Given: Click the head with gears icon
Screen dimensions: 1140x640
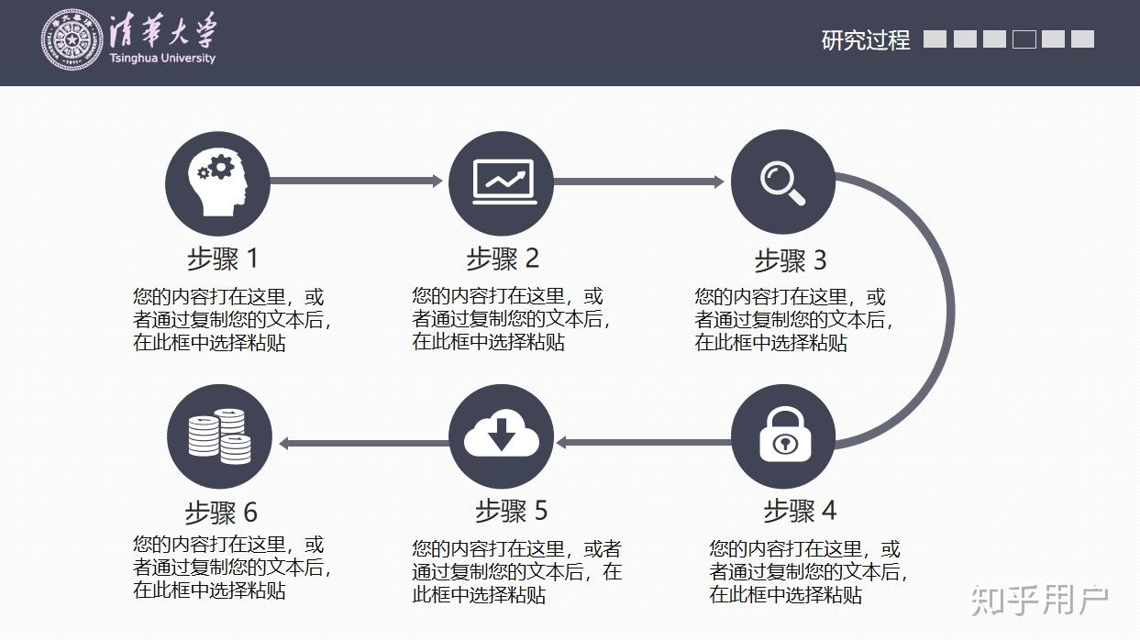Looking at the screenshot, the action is coord(217,182).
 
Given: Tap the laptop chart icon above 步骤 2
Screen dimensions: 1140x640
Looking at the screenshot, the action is coord(501,182).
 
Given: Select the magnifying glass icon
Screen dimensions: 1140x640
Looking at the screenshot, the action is coord(782,182).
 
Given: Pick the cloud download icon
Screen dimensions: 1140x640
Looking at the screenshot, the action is coord(501,436).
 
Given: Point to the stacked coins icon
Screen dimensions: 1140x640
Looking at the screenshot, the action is coord(220,436).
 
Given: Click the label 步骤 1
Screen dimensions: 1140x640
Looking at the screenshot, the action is coord(223,259).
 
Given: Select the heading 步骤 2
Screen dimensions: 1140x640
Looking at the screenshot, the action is coord(502,259).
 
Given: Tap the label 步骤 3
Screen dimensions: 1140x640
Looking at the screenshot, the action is coord(790,261).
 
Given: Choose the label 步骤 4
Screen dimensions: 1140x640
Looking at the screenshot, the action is coord(800,511).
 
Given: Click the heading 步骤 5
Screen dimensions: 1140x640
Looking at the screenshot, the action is coord(511,511).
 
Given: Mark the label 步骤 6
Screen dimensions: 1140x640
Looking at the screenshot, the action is coord(221,512).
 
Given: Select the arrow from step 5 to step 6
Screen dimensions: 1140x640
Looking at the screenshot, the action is coord(362,443).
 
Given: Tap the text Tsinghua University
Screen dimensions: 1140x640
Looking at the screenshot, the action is coord(161,59).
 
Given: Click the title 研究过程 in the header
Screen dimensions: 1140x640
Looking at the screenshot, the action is coord(865,40).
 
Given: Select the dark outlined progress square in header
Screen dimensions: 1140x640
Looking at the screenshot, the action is coord(1024,39).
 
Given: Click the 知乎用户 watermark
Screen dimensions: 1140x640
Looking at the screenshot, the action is coord(1040,601).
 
